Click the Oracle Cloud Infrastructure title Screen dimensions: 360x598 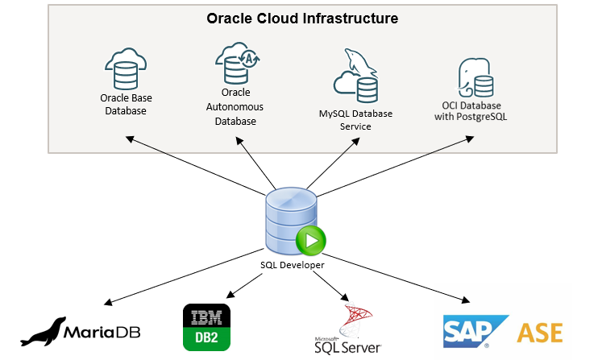[302, 18]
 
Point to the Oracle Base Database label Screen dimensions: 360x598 [126, 104]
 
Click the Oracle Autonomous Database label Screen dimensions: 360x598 [235, 106]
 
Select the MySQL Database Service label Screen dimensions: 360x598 [355, 119]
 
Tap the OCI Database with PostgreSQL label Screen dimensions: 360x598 [471, 111]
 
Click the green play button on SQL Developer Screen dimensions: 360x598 [310, 239]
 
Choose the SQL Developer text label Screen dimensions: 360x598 [292, 265]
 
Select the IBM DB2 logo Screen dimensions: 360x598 [207, 327]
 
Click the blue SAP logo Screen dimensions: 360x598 [475, 331]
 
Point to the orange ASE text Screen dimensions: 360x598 [539, 332]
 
